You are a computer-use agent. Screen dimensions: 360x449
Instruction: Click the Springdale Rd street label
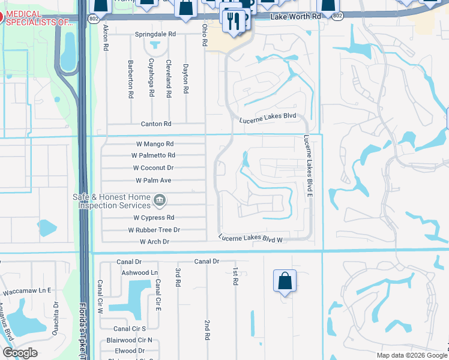point(155,35)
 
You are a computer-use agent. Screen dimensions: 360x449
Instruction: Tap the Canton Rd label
point(156,124)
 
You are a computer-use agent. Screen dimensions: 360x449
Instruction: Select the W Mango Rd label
point(154,144)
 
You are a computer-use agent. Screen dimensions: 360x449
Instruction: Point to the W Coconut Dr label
point(153,168)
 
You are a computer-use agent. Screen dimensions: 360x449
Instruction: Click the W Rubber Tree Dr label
point(154,230)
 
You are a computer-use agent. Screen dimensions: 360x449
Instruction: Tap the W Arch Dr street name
point(154,242)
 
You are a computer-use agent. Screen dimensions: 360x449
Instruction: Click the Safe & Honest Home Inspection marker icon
point(160,199)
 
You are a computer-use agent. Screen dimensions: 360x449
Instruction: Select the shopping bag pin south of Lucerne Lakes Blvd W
point(285,281)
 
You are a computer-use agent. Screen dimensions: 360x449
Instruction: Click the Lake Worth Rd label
point(295,17)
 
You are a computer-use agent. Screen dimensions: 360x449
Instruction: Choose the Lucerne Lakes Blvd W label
point(250,239)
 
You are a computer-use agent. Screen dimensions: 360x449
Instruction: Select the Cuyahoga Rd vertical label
point(152,78)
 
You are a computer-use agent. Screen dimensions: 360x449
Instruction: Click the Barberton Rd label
point(130,78)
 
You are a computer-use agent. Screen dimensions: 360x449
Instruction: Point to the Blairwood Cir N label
point(133,340)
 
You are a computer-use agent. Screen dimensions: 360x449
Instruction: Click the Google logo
point(20,353)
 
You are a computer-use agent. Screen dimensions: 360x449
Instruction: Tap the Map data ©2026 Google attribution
point(411,355)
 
